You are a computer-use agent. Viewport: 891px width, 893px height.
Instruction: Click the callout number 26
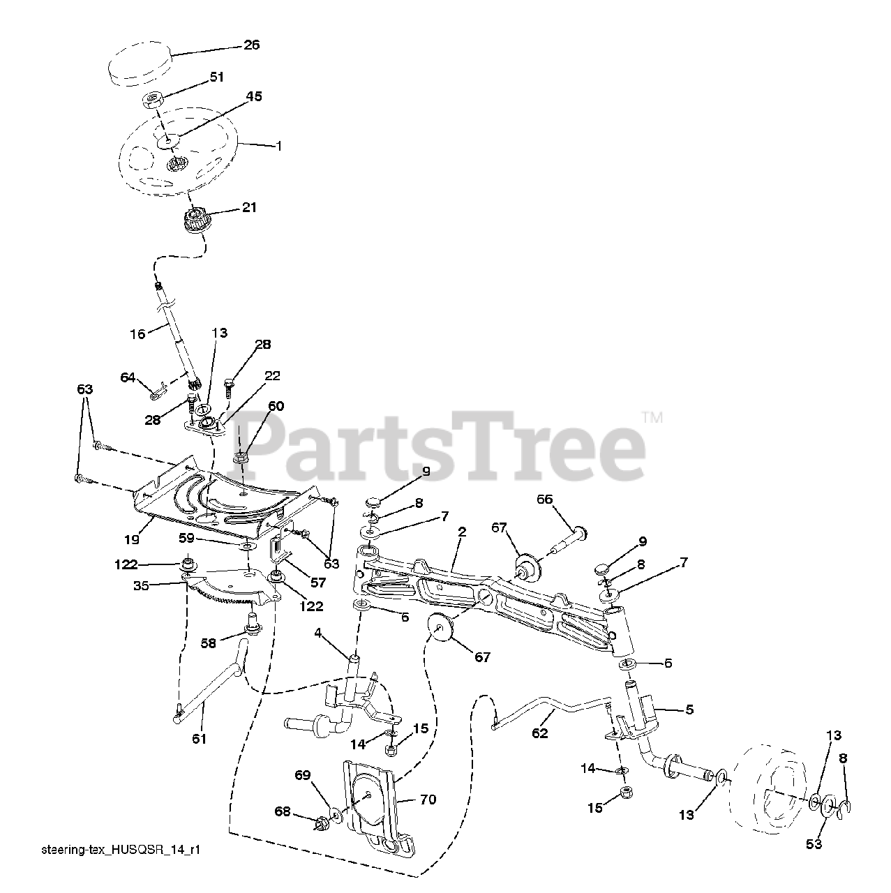click(x=251, y=45)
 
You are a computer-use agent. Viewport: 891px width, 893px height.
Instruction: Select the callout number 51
click(x=217, y=77)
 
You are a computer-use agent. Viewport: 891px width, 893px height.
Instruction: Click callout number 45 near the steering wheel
click(x=254, y=97)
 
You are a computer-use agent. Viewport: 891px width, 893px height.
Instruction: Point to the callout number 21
click(x=248, y=207)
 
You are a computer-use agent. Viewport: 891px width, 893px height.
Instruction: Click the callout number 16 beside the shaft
click(x=137, y=334)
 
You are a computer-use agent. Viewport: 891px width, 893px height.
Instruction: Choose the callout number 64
click(x=128, y=377)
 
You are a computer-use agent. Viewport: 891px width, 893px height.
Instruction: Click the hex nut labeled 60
click(x=240, y=459)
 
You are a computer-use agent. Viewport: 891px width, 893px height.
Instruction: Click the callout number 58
click(x=208, y=643)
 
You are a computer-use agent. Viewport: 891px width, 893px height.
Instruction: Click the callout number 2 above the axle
click(x=462, y=531)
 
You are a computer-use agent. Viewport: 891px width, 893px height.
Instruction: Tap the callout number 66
click(x=544, y=499)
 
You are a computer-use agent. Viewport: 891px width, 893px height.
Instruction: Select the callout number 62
click(x=539, y=733)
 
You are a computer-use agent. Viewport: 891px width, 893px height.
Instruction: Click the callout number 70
click(x=428, y=800)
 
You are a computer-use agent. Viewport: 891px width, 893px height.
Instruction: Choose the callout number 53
click(x=814, y=845)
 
